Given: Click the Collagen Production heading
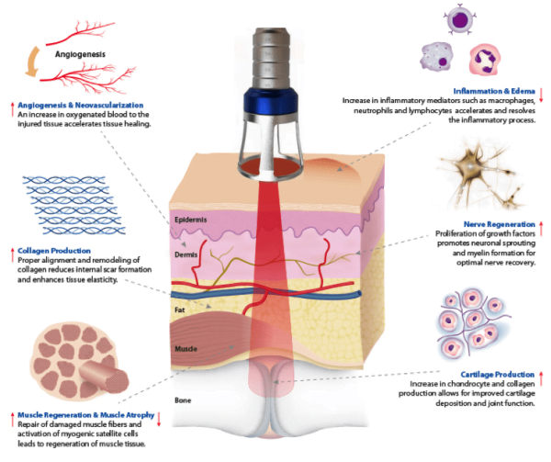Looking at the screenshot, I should coord(54,250).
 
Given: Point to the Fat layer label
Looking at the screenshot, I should coord(181,311).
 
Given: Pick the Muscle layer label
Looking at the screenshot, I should coord(187,349).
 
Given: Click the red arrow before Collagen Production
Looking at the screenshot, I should coord(9,250).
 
